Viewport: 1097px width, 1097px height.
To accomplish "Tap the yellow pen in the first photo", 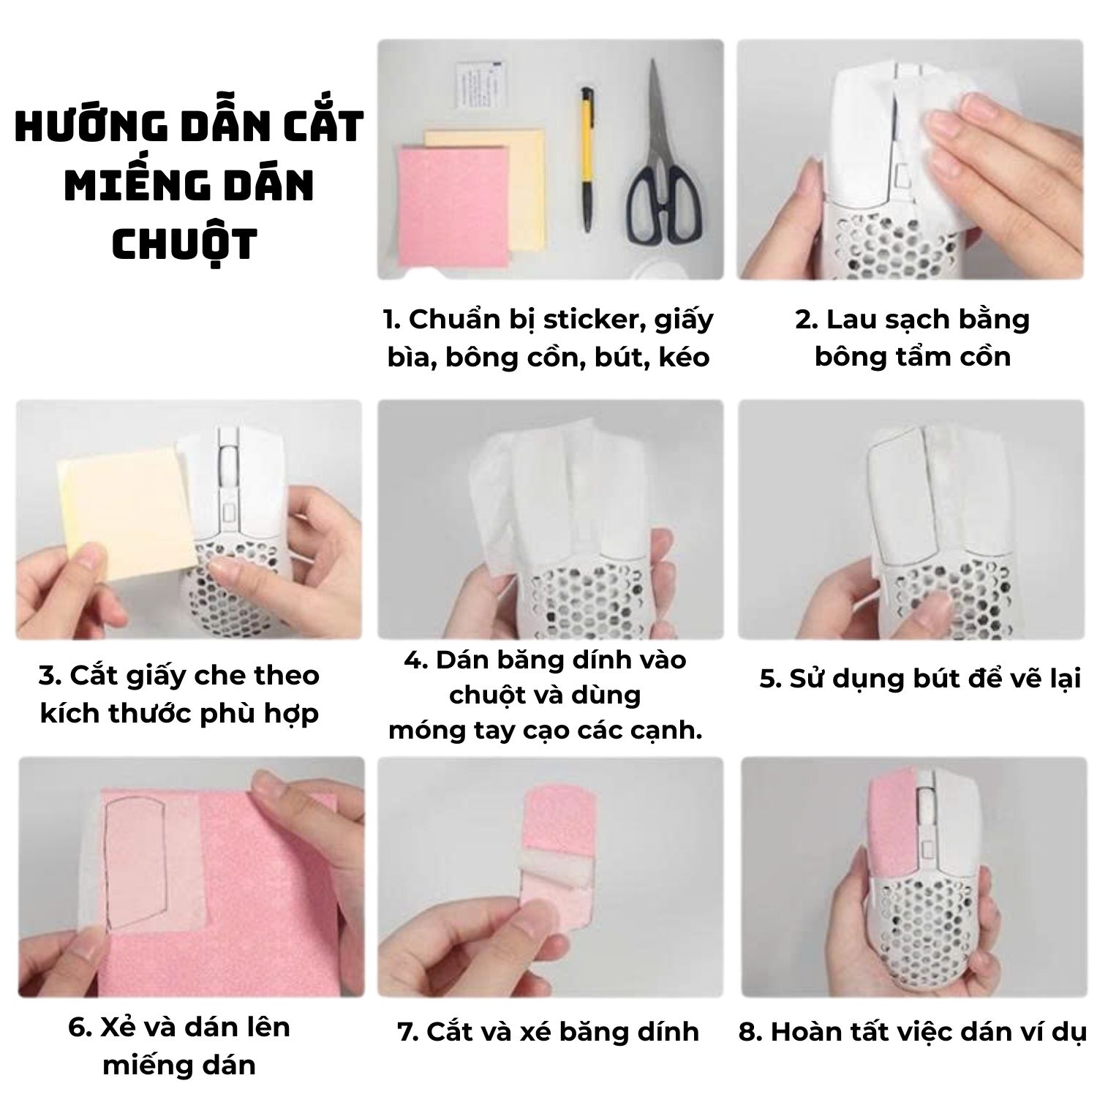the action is tap(587, 159).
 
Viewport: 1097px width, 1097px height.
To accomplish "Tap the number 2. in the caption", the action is tap(805, 320).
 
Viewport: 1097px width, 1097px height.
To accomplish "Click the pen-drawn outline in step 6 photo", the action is tap(135, 863).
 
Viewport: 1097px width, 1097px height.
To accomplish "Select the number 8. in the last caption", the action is tap(750, 1033).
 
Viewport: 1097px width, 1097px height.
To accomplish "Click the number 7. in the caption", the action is tap(407, 1033).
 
